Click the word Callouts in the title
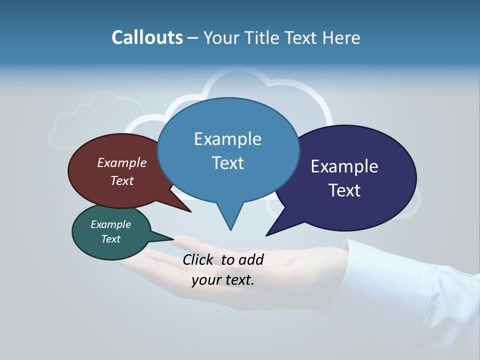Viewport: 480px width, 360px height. pyautogui.click(x=147, y=37)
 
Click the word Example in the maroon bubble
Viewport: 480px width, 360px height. pyautogui.click(x=121, y=162)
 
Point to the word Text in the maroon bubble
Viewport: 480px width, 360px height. pyautogui.click(x=121, y=180)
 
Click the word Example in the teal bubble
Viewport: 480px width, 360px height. pyautogui.click(x=110, y=224)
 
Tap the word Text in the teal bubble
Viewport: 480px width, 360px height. pyautogui.click(x=110, y=239)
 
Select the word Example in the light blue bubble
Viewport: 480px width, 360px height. pyautogui.click(x=227, y=139)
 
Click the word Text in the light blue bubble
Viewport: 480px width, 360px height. pyautogui.click(x=227, y=163)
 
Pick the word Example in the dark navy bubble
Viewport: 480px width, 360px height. pyautogui.click(x=344, y=166)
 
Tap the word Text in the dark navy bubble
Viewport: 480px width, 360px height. pyautogui.click(x=344, y=190)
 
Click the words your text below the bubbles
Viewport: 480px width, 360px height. pyautogui.click(x=222, y=280)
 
